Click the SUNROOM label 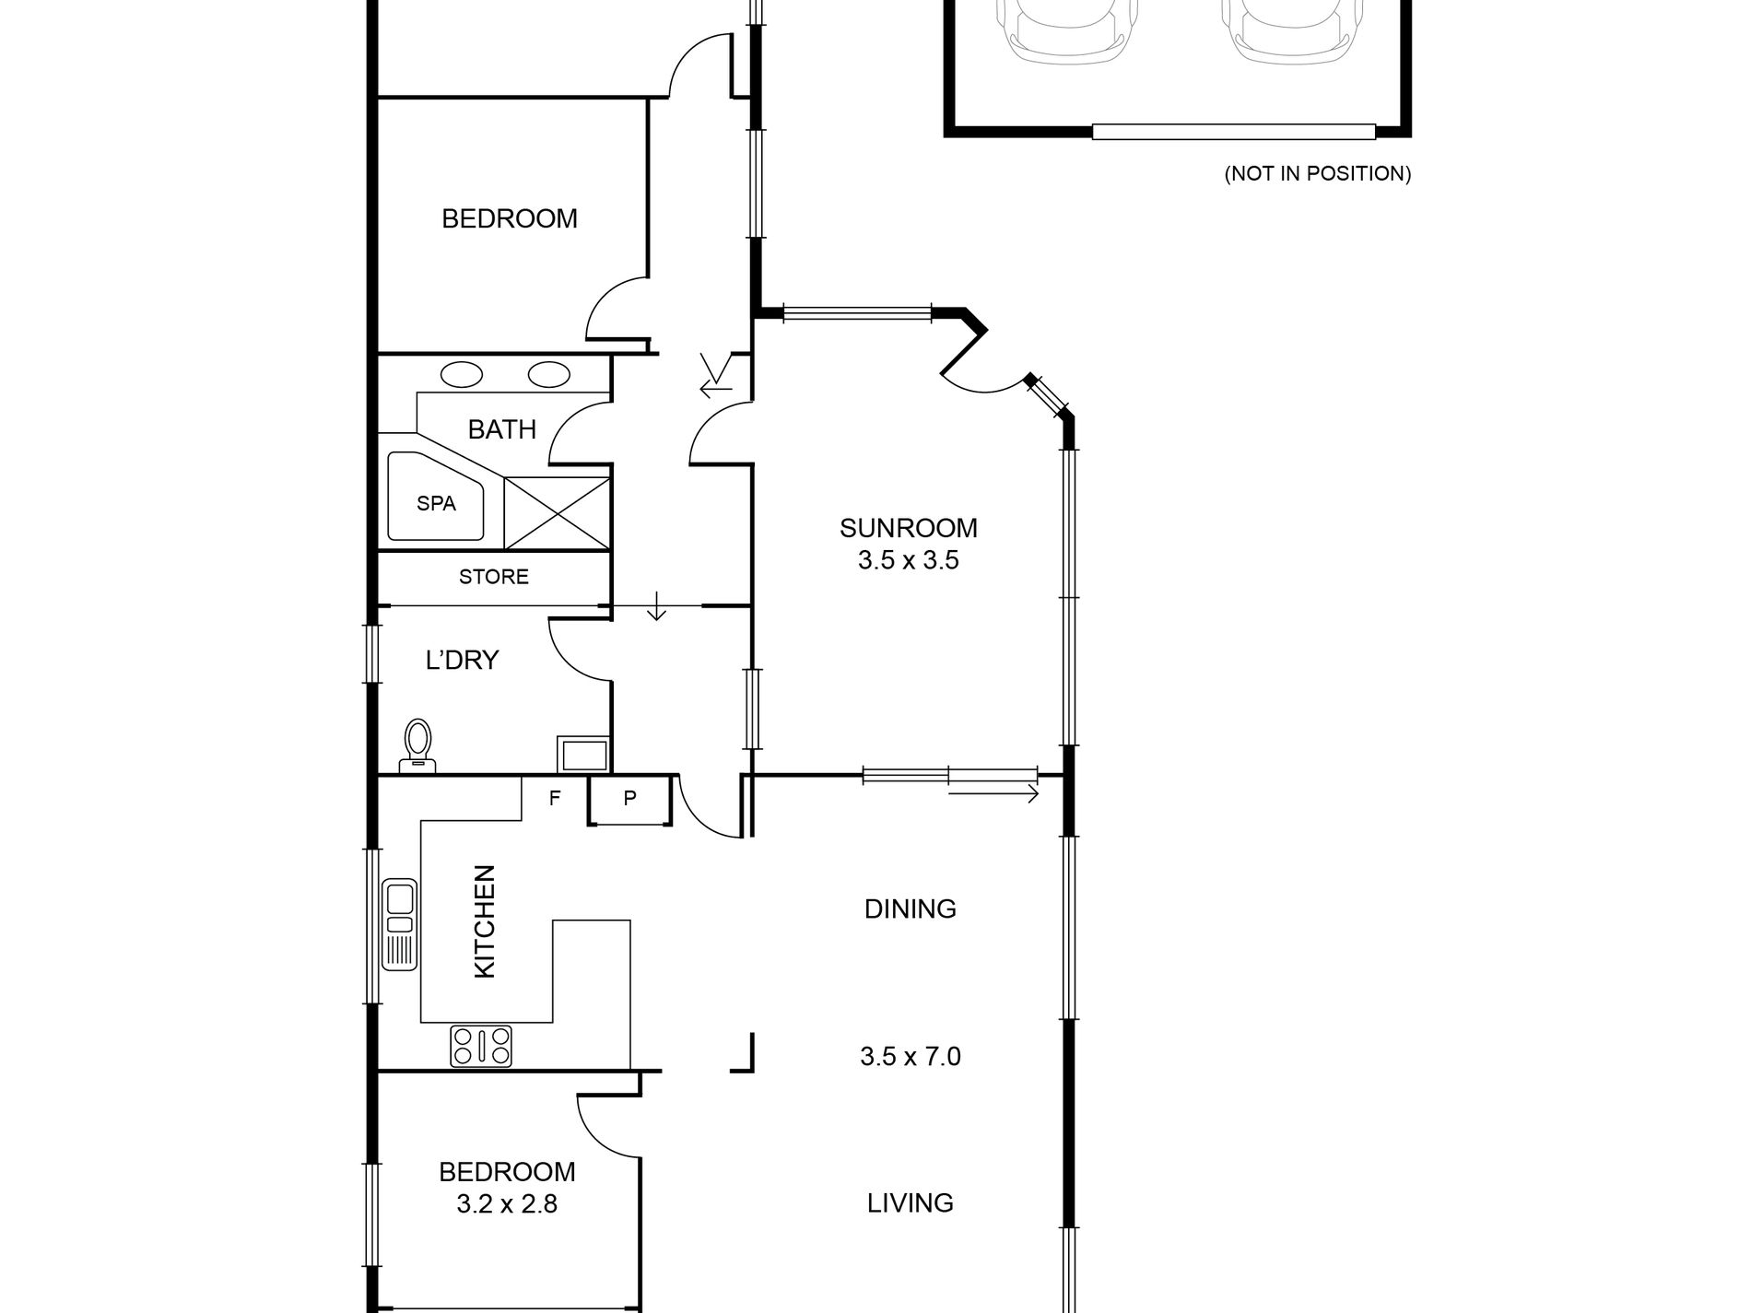tap(908, 528)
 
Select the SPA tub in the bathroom tap(436, 504)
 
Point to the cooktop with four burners tap(481, 1046)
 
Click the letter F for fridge tap(555, 798)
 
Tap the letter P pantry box tap(630, 799)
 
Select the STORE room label tap(494, 577)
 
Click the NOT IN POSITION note tap(1317, 173)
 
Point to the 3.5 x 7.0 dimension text tap(910, 1056)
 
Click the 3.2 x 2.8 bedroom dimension tap(507, 1203)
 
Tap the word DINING tap(910, 909)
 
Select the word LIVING tap(910, 1202)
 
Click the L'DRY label tap(462, 660)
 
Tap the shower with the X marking tap(557, 513)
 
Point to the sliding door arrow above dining tap(993, 792)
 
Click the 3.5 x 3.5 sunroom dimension tap(908, 560)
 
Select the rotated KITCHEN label tap(484, 920)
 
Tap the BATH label tap(501, 429)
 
